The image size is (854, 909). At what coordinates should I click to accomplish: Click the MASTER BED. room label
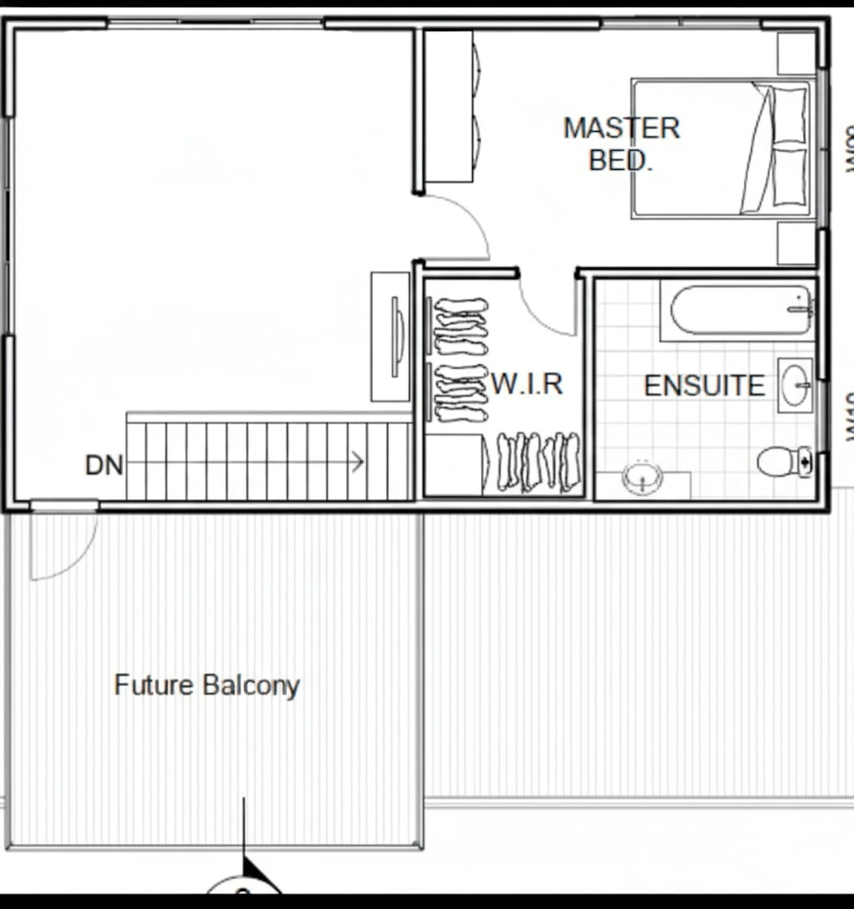coord(621,144)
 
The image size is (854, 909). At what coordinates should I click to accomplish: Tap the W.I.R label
coord(527,384)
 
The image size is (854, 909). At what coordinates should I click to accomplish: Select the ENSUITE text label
coord(705,386)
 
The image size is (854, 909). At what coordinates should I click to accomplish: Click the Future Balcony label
coord(207,684)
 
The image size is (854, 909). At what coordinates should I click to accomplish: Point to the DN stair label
coord(104,465)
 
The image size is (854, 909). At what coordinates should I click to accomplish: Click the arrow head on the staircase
coord(359,462)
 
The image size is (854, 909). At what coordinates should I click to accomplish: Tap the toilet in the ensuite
coord(784,462)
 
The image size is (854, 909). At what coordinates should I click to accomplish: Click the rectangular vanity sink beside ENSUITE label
coord(795,385)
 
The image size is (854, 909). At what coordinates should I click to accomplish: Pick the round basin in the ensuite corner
coord(642,477)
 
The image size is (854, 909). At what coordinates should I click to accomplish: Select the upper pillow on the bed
coord(789,115)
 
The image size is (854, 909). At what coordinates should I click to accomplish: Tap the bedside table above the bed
coord(796,54)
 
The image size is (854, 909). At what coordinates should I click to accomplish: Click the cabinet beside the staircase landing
coord(390,337)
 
